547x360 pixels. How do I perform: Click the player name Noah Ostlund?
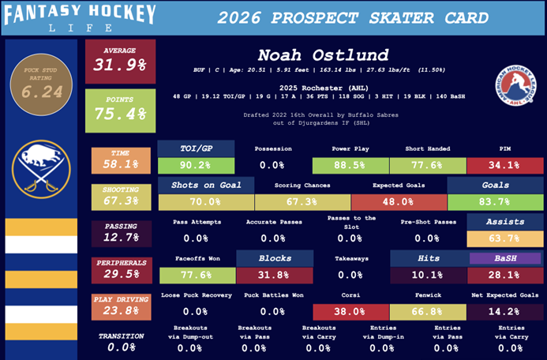click(324, 55)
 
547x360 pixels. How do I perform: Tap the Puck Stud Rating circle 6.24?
click(41, 84)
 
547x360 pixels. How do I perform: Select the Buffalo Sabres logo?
click(41, 169)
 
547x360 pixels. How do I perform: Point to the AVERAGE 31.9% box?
click(120, 61)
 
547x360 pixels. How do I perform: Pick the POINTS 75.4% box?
click(120, 110)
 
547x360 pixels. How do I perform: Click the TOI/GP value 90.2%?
click(196, 166)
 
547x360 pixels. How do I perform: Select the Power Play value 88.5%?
click(350, 166)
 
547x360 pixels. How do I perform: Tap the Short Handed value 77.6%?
click(427, 166)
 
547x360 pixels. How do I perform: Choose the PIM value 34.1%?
click(504, 166)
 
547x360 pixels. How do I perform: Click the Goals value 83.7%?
click(494, 202)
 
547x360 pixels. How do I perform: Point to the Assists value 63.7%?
click(504, 238)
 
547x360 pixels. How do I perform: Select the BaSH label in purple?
click(504, 258)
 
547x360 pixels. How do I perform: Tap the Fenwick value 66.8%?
click(427, 311)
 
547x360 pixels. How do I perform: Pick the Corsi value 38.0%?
click(350, 311)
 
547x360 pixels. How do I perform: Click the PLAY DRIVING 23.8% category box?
click(120, 306)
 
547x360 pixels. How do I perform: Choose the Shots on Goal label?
click(205, 186)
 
